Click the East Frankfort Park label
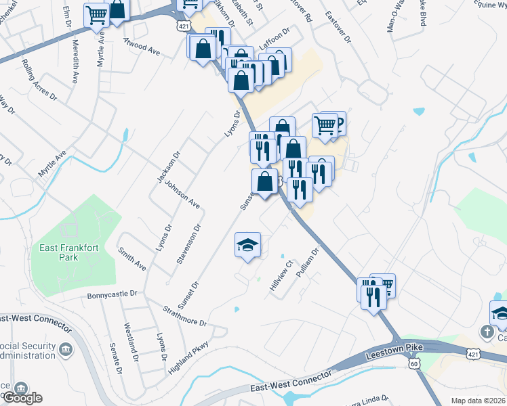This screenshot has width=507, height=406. pyautogui.click(x=68, y=252)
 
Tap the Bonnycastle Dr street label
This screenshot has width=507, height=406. pyautogui.click(x=113, y=295)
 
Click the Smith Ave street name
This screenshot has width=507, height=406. pyautogui.click(x=131, y=258)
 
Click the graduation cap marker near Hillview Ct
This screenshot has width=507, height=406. pyautogui.click(x=248, y=244)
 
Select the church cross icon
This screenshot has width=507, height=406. pyautogui.click(x=487, y=332)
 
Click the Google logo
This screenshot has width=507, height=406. pyautogui.click(x=22, y=398)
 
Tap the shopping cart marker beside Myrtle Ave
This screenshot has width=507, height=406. pyautogui.click(x=97, y=14)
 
